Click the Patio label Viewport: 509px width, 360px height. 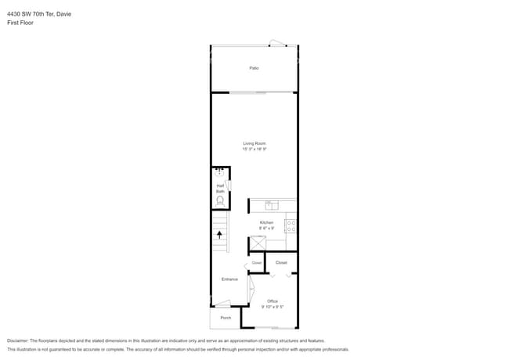click(x=254, y=69)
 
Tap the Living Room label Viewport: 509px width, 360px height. click(x=254, y=143)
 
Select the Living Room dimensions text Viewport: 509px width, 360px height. click(x=254, y=149)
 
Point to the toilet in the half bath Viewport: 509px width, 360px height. click(x=221, y=201)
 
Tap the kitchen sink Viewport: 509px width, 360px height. click(x=272, y=206)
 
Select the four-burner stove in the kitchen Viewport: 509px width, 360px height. click(x=291, y=225)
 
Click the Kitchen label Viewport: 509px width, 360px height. click(x=267, y=223)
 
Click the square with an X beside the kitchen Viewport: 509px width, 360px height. click(x=258, y=243)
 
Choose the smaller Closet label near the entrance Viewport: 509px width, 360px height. click(x=257, y=263)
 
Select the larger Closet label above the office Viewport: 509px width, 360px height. click(x=281, y=263)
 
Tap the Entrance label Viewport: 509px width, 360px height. click(x=229, y=279)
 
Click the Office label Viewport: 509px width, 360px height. click(x=273, y=301)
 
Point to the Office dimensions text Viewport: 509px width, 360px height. click(x=273, y=307)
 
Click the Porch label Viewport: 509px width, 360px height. click(x=226, y=318)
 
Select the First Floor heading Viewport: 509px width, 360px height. click(x=20, y=23)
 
